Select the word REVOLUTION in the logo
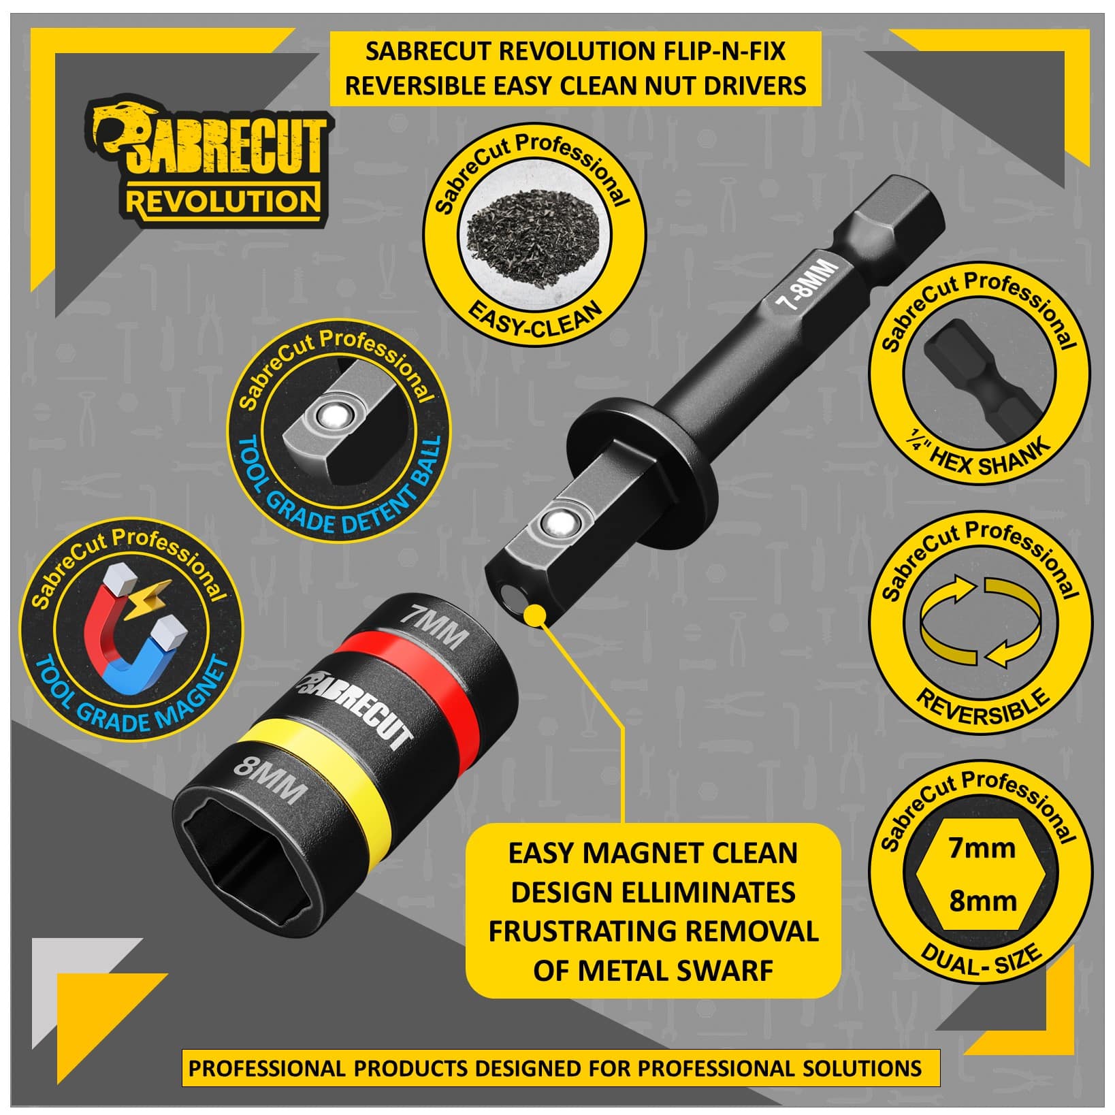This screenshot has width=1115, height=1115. [x=223, y=201]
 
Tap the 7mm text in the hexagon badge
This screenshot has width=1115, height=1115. [x=982, y=848]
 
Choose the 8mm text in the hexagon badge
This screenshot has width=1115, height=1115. [x=982, y=901]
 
